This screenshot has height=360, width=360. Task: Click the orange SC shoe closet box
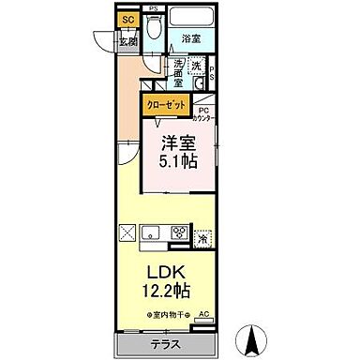point(128,19)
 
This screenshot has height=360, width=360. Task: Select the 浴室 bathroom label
point(192,39)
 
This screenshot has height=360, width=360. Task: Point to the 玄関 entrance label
point(127,40)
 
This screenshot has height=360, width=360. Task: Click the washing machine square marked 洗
point(197,66)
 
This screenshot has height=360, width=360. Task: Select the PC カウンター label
point(202,112)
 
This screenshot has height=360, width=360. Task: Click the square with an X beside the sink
point(127,233)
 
